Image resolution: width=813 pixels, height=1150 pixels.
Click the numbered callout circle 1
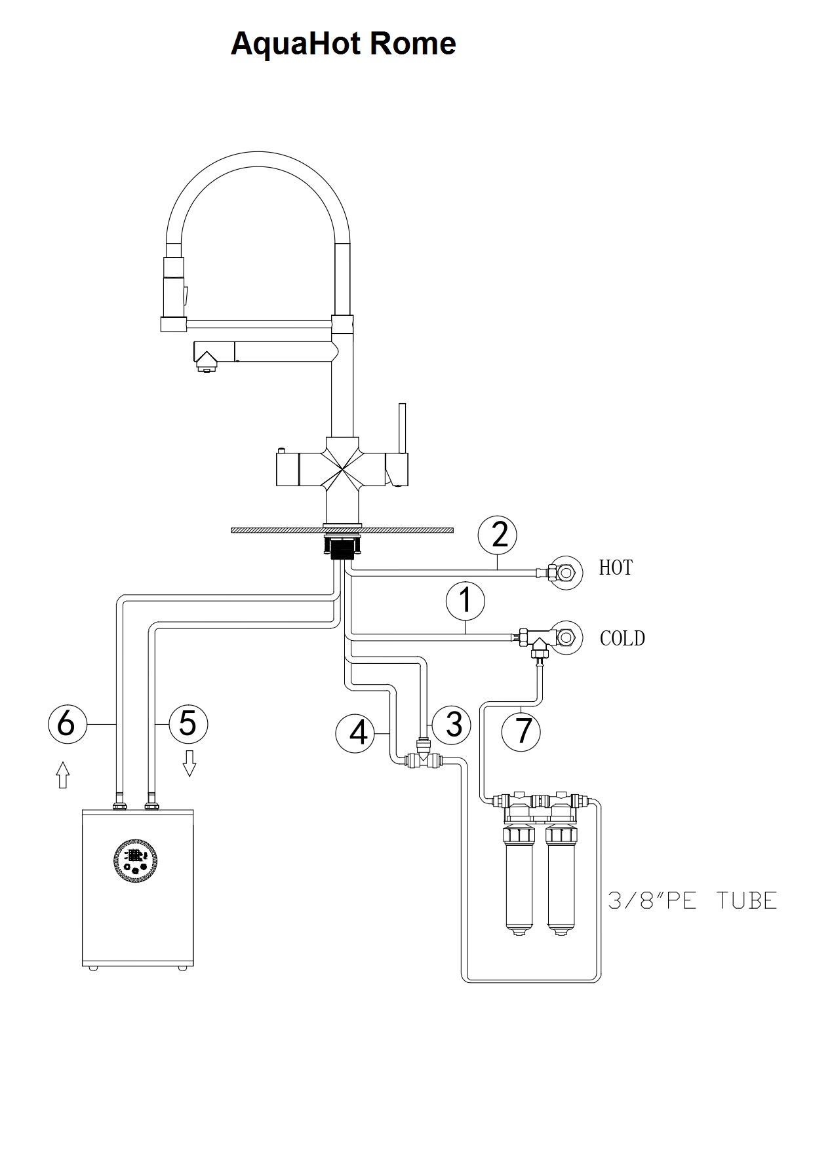(466, 601)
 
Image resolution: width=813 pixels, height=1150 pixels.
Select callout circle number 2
(498, 535)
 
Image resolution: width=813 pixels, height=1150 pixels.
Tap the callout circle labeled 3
(452, 725)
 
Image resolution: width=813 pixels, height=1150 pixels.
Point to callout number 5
(188, 724)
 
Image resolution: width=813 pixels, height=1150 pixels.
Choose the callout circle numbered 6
(67, 724)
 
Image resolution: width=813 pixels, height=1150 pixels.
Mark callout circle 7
(522, 731)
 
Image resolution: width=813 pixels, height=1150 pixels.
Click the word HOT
(616, 567)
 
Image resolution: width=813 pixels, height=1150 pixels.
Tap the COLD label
(622, 638)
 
